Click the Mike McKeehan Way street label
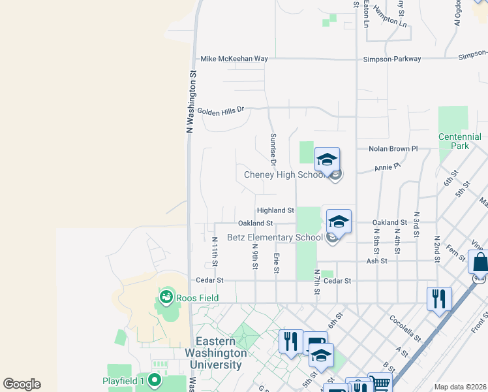point(234,59)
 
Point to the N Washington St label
point(192,102)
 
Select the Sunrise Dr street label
point(273,150)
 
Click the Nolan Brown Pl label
point(393,149)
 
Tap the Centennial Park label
point(460,142)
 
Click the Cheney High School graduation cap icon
point(327,159)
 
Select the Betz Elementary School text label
point(275,237)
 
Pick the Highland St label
point(275,210)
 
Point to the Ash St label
point(377,261)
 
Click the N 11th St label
point(215,252)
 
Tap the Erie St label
point(277,263)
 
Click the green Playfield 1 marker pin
point(154,380)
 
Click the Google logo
point(22,384)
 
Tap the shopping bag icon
point(480,262)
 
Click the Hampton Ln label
point(394,24)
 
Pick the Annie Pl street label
point(388,168)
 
